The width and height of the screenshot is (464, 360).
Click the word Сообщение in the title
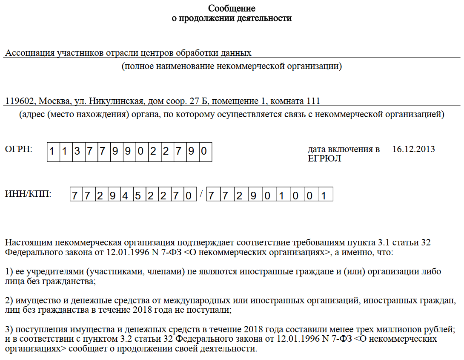tap(232, 9)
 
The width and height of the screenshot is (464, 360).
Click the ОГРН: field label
tap(18, 149)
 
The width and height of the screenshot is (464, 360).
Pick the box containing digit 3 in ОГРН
tap(77, 152)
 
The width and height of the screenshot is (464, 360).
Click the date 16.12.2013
tap(413, 149)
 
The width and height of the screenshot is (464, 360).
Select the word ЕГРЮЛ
tap(324, 158)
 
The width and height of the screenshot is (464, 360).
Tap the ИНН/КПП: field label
tap(28, 194)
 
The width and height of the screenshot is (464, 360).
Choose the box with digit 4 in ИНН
tap(125, 196)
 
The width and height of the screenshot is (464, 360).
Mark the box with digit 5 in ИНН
tap(137, 196)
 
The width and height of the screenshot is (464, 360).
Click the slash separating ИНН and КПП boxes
tap(201, 195)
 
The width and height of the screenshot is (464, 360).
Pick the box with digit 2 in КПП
tap(239, 196)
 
